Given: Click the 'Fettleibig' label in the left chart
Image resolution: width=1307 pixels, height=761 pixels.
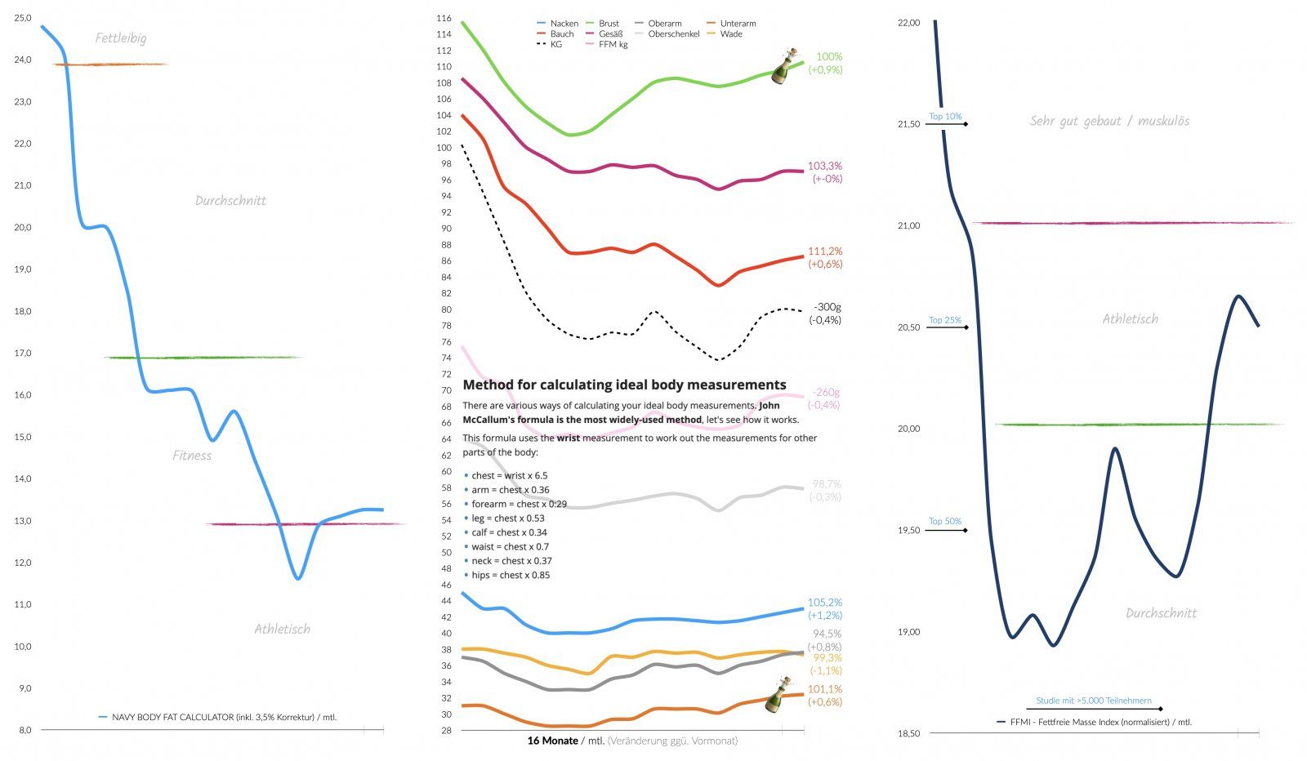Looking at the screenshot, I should click(121, 38).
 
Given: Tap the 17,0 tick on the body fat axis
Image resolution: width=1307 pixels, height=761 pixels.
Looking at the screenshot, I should click(22, 353).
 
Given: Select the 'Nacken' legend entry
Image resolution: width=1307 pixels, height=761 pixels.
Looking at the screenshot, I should click(564, 24).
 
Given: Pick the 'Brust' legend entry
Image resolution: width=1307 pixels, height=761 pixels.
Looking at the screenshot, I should click(609, 24).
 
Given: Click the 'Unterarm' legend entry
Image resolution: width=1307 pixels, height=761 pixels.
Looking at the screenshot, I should click(738, 24).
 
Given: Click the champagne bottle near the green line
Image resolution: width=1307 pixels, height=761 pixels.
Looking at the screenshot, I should click(785, 66).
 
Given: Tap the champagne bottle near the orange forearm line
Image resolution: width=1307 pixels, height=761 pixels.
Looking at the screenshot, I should click(778, 695).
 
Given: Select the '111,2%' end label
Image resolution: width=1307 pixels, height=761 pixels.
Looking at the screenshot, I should click(825, 251).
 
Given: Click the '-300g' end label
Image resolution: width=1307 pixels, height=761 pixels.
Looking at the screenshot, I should click(827, 307).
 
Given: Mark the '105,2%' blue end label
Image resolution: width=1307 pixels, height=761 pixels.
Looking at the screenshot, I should click(825, 603).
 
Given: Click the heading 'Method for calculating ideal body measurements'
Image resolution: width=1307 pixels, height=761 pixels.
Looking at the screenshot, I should click(624, 385).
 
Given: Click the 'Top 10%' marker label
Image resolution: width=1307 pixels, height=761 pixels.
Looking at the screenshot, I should click(945, 117).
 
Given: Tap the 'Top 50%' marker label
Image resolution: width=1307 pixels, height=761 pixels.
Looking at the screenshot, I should click(945, 521).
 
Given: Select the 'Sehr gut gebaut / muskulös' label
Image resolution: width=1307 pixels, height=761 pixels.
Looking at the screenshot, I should click(1109, 121).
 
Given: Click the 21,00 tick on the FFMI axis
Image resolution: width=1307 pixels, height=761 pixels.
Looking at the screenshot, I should click(908, 225).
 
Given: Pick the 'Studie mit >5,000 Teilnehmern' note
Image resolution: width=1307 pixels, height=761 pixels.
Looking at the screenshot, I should click(1094, 701).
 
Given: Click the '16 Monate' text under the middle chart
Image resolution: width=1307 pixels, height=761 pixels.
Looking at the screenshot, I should click(552, 741).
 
